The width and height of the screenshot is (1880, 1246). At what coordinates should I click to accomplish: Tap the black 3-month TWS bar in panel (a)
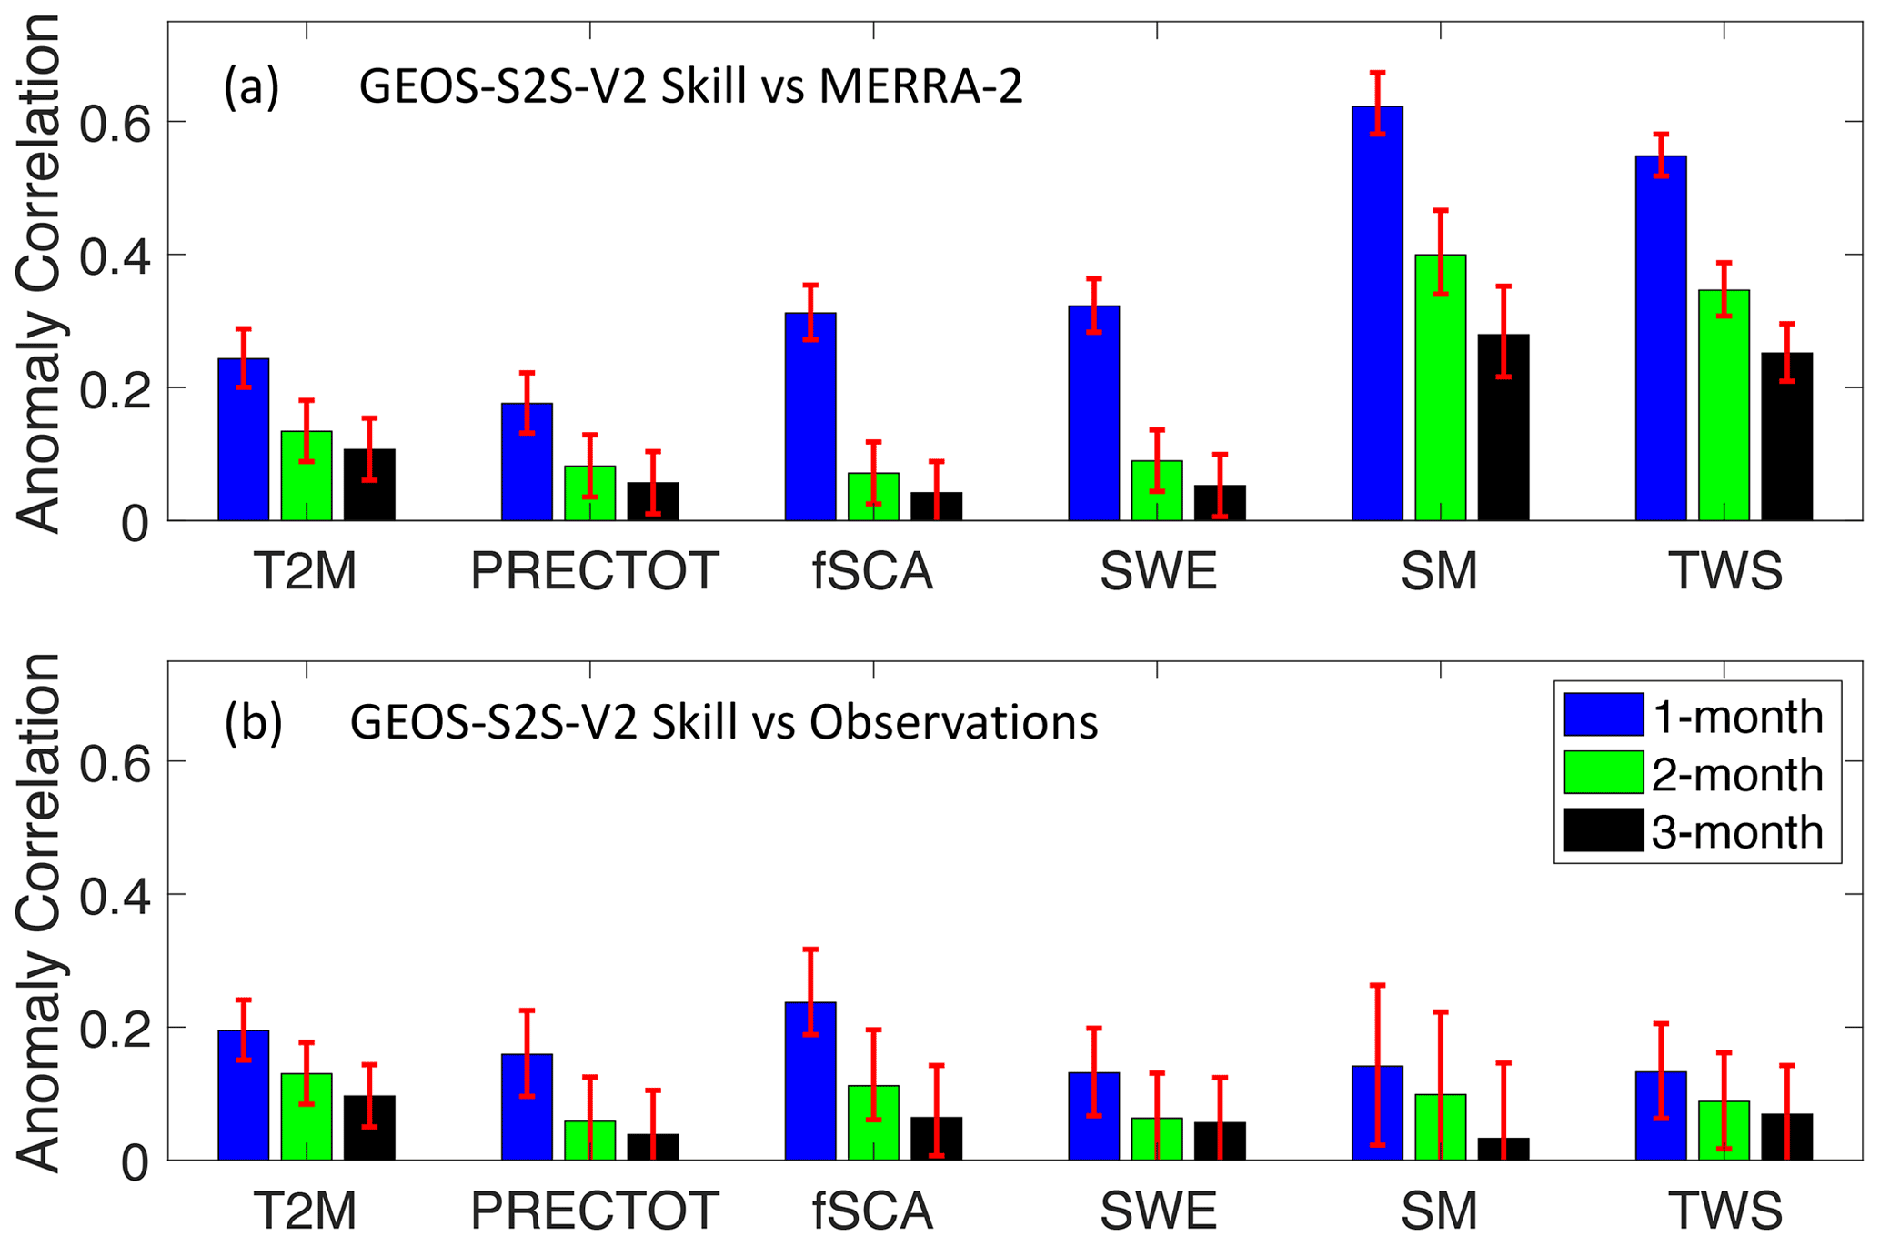pos(1787,437)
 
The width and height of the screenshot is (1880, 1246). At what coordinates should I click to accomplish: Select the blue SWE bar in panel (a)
pos(1094,413)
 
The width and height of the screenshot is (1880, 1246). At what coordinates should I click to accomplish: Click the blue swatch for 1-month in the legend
pos(1603,714)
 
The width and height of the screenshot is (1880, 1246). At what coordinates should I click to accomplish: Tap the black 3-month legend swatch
pos(1603,830)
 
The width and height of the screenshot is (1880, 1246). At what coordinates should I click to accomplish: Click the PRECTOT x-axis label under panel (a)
pos(595,571)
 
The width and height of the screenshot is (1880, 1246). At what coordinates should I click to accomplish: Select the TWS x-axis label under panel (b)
pos(1725,1211)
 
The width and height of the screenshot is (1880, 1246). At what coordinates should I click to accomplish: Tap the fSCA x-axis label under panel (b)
pos(873,1211)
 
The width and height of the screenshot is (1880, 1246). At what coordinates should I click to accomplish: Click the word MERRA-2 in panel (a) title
pos(920,88)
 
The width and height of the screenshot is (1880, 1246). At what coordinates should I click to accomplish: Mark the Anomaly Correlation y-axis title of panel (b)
pos(38,909)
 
